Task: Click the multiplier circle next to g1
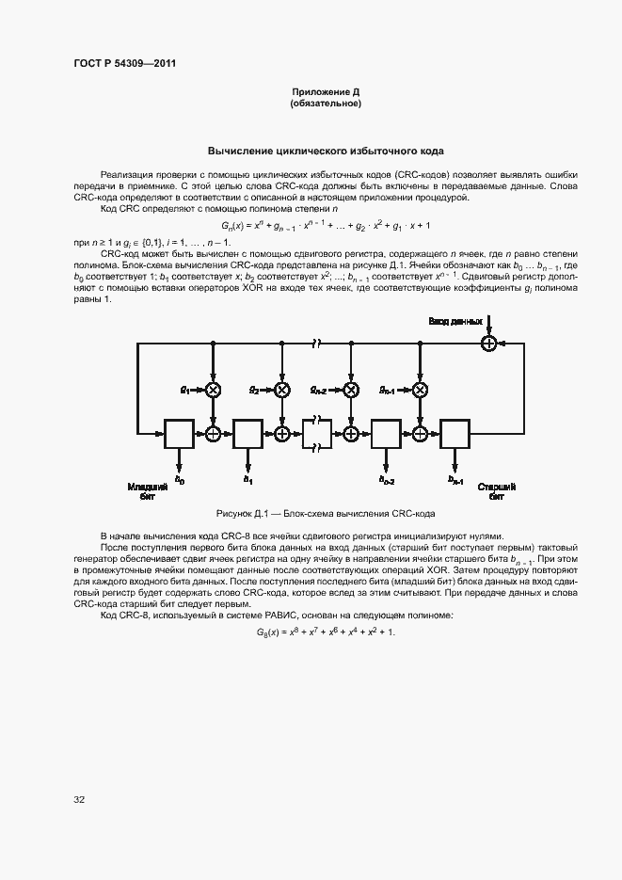pos(214,390)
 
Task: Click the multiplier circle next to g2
pos(281,390)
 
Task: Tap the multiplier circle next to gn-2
pos(351,390)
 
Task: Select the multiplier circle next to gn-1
pos(421,390)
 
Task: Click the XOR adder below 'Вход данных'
pos(488,344)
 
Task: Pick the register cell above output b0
pos(178,433)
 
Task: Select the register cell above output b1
pos(247,433)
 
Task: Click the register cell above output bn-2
pos(386,433)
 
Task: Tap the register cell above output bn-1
pos(455,433)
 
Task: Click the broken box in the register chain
pos(316,433)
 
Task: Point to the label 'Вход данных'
pos(455,322)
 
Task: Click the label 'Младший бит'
pos(148,490)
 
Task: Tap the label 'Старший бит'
pos(496,490)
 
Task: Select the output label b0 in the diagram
pos(181,481)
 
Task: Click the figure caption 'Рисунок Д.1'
pos(326,513)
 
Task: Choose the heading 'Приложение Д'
pos(326,92)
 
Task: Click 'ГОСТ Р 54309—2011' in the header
pos(125,63)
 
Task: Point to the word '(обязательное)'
pos(326,104)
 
